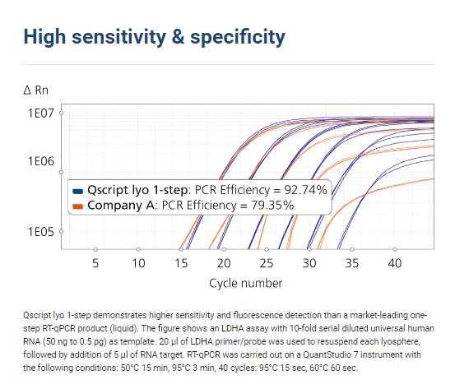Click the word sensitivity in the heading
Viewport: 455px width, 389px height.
(x=119, y=37)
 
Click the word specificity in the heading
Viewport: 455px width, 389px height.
(x=238, y=37)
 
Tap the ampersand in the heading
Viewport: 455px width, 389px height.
(x=179, y=36)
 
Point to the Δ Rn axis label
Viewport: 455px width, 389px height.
(x=35, y=90)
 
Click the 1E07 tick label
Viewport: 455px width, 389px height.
(x=41, y=113)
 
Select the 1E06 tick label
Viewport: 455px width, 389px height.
(x=41, y=161)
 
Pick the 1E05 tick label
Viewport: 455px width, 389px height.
(x=41, y=232)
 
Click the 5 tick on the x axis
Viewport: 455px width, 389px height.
(x=95, y=263)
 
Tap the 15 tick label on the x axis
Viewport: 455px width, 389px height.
(x=181, y=263)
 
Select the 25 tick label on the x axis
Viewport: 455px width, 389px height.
(x=267, y=263)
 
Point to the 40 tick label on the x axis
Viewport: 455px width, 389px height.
(x=395, y=263)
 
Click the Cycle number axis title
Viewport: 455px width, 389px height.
(x=246, y=283)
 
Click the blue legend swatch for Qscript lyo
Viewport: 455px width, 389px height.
(x=78, y=191)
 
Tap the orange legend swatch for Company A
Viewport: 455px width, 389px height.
(x=78, y=206)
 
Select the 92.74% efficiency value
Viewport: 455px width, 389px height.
(x=305, y=190)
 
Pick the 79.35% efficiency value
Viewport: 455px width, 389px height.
(x=272, y=206)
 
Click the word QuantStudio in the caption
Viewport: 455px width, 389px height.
(x=327, y=354)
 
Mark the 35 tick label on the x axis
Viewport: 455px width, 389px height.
(x=352, y=263)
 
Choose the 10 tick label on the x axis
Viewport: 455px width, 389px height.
(x=138, y=263)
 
